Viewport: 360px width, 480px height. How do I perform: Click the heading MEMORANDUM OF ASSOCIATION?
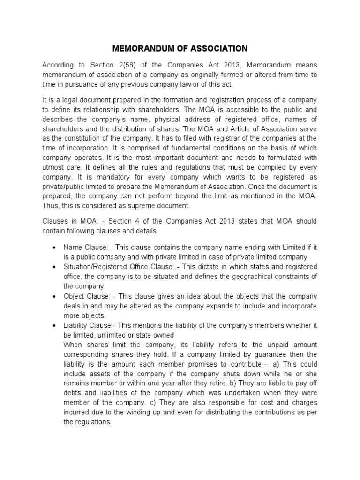point(180,48)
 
